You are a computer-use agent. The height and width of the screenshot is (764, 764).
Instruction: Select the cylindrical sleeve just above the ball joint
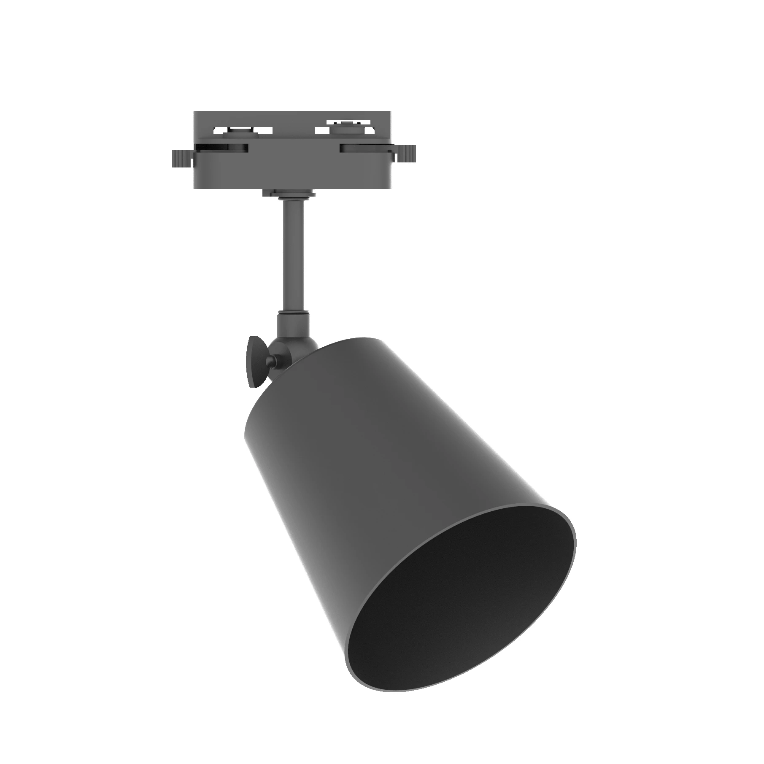coord(293,327)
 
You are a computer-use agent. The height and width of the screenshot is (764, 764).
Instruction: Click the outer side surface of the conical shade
coord(380,485)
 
